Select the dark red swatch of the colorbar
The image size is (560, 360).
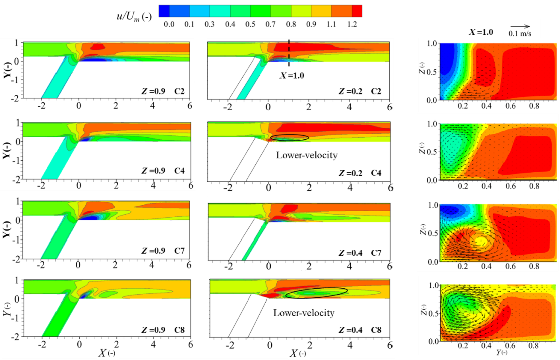[x=352, y=11]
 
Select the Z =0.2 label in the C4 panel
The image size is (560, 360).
[x=351, y=172]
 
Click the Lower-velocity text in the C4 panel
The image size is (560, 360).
[x=306, y=155]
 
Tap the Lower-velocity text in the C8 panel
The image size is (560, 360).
[x=304, y=313]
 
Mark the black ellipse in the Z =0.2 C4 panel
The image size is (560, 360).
[x=290, y=137]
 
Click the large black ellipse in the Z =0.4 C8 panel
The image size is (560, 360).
[x=316, y=292]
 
